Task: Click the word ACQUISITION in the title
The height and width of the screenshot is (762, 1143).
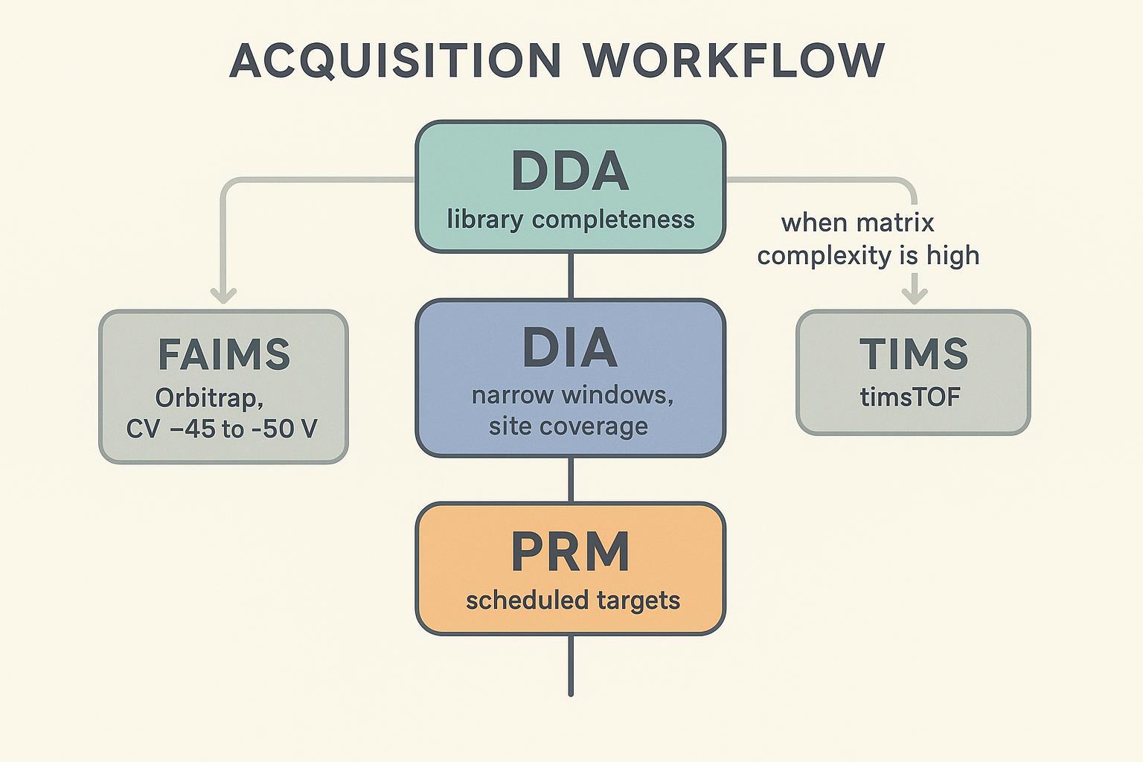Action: [395, 60]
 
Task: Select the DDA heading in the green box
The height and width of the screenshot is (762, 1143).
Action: [570, 172]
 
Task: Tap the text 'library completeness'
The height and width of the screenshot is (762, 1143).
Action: [570, 220]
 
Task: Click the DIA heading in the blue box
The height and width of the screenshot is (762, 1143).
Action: [570, 348]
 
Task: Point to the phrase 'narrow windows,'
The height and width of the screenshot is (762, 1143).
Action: [572, 394]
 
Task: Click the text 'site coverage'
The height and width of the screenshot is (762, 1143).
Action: [568, 426]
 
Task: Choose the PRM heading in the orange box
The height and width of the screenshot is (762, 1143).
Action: [570, 552]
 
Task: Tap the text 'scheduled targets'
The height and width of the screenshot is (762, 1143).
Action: [572, 600]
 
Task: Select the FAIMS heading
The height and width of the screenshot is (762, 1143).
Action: [224, 354]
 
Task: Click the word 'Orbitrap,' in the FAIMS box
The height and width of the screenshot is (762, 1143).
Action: [209, 398]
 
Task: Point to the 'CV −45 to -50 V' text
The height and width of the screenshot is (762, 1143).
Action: [222, 429]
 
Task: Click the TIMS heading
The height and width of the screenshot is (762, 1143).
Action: [913, 353]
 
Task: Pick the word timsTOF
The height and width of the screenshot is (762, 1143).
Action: [910, 397]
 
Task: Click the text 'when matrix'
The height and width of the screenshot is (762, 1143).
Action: [857, 222]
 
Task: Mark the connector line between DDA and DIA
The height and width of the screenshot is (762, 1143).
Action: [571, 275]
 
